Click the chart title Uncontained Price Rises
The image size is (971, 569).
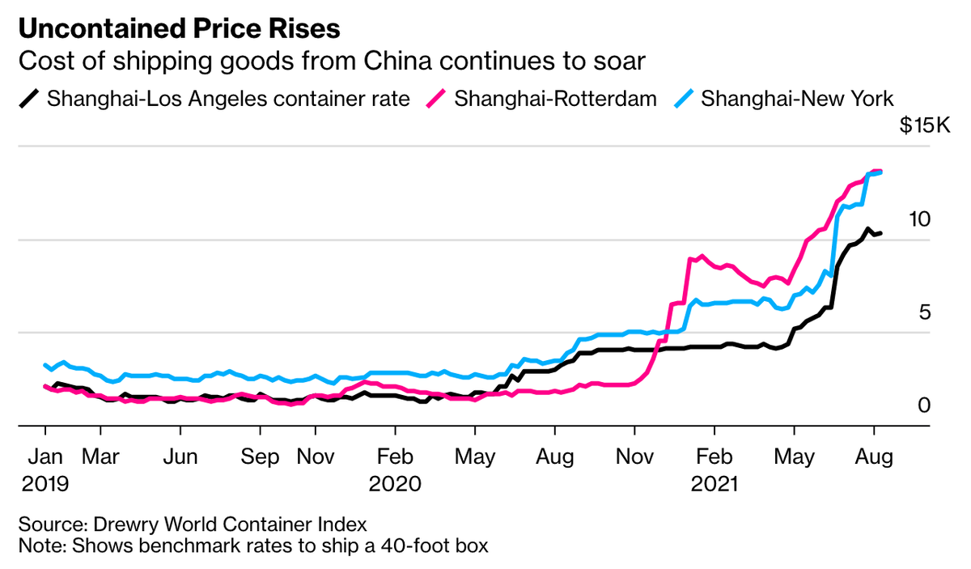point(179,29)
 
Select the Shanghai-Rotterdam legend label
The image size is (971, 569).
point(554,99)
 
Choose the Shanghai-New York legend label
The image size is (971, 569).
point(797,99)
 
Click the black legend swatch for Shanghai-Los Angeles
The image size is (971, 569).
point(29,99)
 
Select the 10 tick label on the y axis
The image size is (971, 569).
point(919,219)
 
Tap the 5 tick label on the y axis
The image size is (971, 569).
point(924,312)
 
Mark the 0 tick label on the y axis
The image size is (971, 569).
point(924,404)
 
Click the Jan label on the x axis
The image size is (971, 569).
point(45,456)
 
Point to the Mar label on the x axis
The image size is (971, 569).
point(102,456)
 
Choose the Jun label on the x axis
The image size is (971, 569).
point(180,456)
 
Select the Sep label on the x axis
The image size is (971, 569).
point(260,456)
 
